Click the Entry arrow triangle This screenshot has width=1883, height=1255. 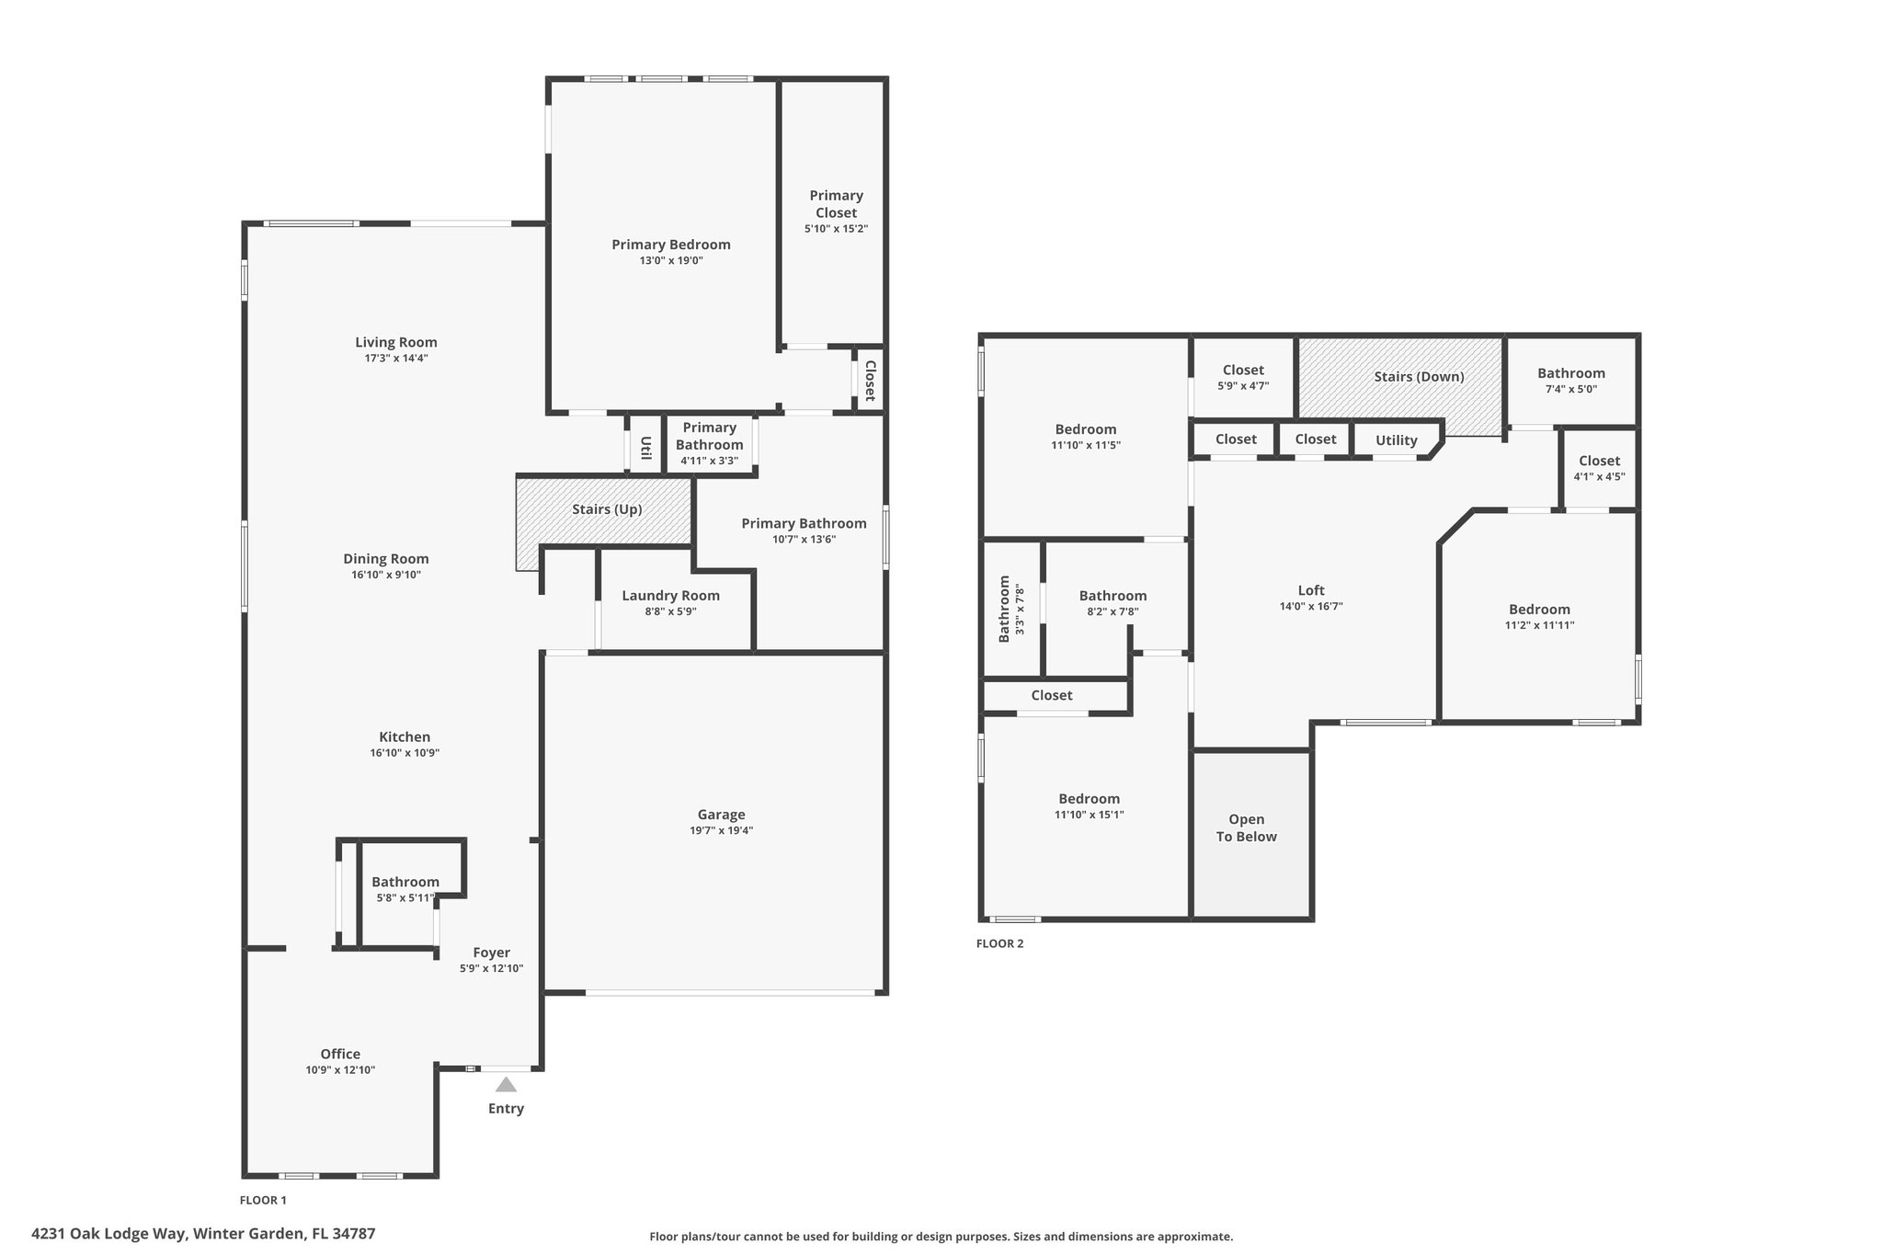[506, 1084]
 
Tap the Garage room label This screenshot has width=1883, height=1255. [721, 815]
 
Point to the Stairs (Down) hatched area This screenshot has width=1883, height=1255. [1400, 386]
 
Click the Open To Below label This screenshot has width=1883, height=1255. [1247, 827]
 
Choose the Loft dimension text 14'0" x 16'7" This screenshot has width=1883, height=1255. [1311, 607]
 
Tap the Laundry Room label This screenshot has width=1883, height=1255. [670, 596]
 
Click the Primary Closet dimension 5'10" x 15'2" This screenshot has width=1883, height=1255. [836, 229]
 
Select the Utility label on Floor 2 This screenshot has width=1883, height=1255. [1396, 440]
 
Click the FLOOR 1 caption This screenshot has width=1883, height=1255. [263, 1200]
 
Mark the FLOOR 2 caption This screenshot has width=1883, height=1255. [999, 943]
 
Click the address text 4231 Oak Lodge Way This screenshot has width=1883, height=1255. [109, 1234]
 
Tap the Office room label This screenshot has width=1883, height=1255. [340, 1055]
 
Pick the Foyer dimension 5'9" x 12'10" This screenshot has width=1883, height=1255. [492, 968]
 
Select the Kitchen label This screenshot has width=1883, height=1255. [405, 737]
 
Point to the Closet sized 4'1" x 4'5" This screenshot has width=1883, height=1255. [1600, 468]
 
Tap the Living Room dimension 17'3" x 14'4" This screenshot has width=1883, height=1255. [396, 359]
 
